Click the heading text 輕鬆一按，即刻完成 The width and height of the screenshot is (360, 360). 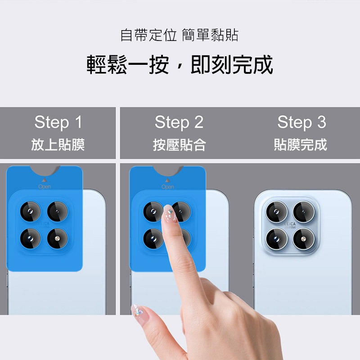coord(180,65)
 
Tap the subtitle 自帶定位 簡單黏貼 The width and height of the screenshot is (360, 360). coord(180,35)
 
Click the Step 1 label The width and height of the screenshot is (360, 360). coord(58,122)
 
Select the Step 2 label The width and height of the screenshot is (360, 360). coord(179,122)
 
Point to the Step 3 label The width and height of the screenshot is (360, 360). coord(301,122)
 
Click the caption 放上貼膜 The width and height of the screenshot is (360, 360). coord(58,144)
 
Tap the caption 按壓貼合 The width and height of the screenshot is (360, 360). coord(179,144)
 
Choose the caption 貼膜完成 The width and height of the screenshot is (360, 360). coord(301,144)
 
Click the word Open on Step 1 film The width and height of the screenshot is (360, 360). coord(45,186)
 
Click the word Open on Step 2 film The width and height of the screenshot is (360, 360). coord(167,186)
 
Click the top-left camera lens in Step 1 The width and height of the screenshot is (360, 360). coord(31,211)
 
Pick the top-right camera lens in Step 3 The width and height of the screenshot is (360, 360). coord(303,211)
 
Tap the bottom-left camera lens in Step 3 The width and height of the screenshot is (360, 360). coord(276,238)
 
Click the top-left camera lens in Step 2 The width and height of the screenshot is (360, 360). coord(153,211)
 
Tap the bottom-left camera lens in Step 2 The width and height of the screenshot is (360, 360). coord(153,238)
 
